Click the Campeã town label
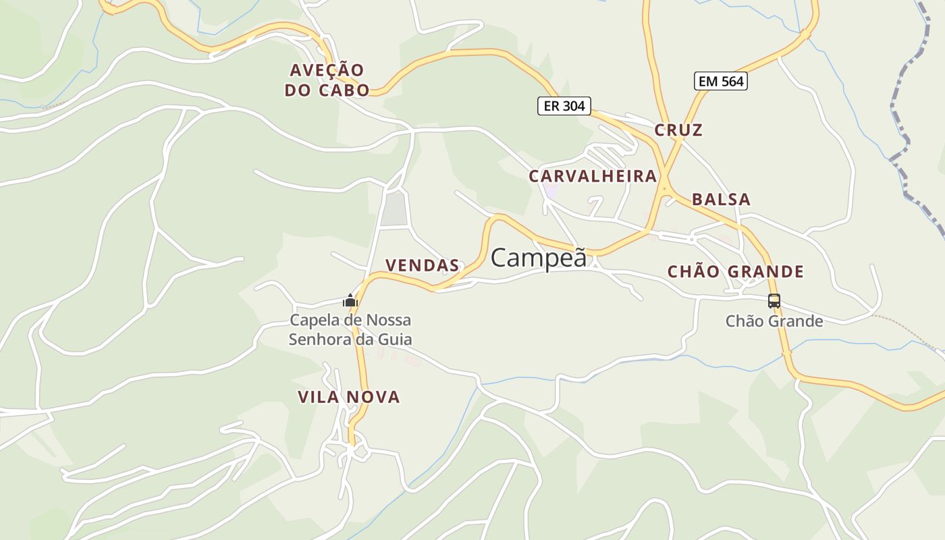click(539, 258)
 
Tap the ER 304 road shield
click(564, 106)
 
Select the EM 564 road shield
click(721, 82)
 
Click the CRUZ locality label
click(678, 130)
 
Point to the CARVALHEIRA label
click(593, 176)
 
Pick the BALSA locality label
click(721, 200)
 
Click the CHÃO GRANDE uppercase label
click(736, 272)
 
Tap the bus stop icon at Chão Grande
click(774, 301)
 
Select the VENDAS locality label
click(422, 265)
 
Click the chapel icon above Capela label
click(350, 300)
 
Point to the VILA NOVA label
click(349, 397)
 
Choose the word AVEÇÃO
click(327, 70)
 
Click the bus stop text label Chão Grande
click(774, 321)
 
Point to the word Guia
click(396, 339)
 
